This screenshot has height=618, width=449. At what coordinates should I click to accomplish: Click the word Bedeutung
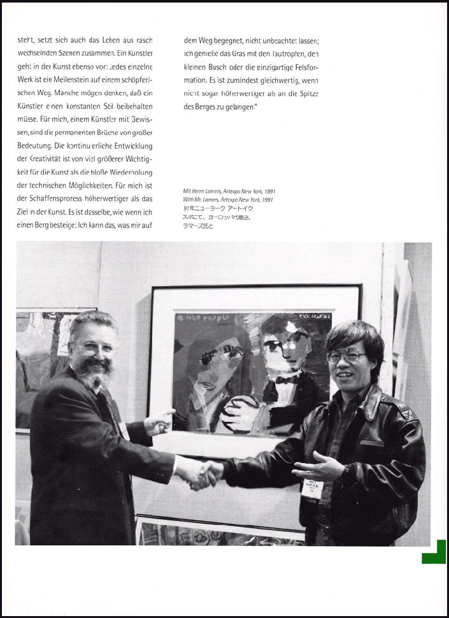[37, 145]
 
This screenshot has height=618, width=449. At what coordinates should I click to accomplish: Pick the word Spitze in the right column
[307, 94]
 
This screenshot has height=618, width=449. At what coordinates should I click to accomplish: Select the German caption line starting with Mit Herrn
[229, 191]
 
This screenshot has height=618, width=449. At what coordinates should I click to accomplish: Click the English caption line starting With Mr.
[228, 199]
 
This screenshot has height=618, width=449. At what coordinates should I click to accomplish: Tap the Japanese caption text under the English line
[217, 217]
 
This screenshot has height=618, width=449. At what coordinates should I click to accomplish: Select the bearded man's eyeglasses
[96, 348]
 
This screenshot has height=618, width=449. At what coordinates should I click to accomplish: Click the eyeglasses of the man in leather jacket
[346, 356]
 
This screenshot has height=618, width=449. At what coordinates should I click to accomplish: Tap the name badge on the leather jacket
[313, 489]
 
